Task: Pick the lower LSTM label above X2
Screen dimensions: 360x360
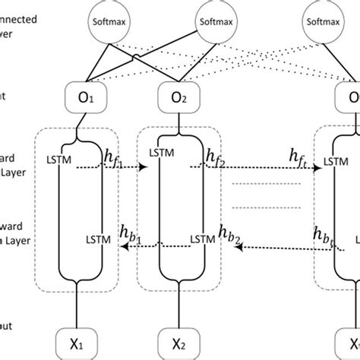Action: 201,239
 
